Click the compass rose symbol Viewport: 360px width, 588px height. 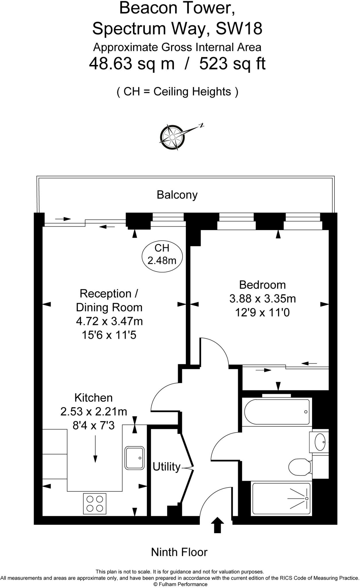172,137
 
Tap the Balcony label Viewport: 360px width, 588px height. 177,195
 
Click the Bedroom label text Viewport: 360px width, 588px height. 262,285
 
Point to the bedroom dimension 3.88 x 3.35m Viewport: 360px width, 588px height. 262,299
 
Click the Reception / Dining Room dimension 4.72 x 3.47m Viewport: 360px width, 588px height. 109,321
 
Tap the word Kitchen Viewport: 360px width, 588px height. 93,398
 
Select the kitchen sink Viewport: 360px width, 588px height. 134,458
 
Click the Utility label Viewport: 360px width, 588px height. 166,467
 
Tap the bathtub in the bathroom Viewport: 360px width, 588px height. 277,411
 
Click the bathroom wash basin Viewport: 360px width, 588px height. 320,442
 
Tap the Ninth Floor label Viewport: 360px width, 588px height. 179,552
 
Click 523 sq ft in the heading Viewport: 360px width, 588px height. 232,64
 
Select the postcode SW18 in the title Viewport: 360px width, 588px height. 239,29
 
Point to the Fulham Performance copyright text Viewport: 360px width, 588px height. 180,584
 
